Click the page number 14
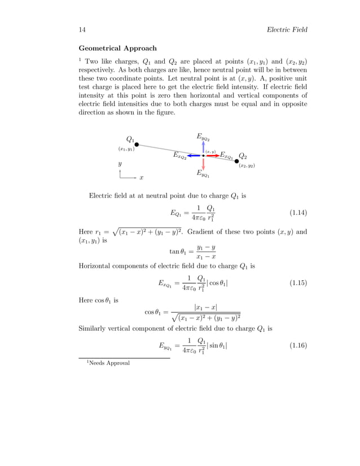pos(82,29)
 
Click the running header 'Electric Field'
pos(287,29)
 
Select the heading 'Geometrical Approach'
pos(117,49)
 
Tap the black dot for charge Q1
pos(137,144)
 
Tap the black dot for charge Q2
pos(236,161)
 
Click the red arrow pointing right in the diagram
pos(212,155)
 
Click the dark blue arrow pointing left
pos(195,155)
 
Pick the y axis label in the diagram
pos(120,164)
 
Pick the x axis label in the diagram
pos(141,178)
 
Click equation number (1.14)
pos(298,213)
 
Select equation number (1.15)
pos(298,283)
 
